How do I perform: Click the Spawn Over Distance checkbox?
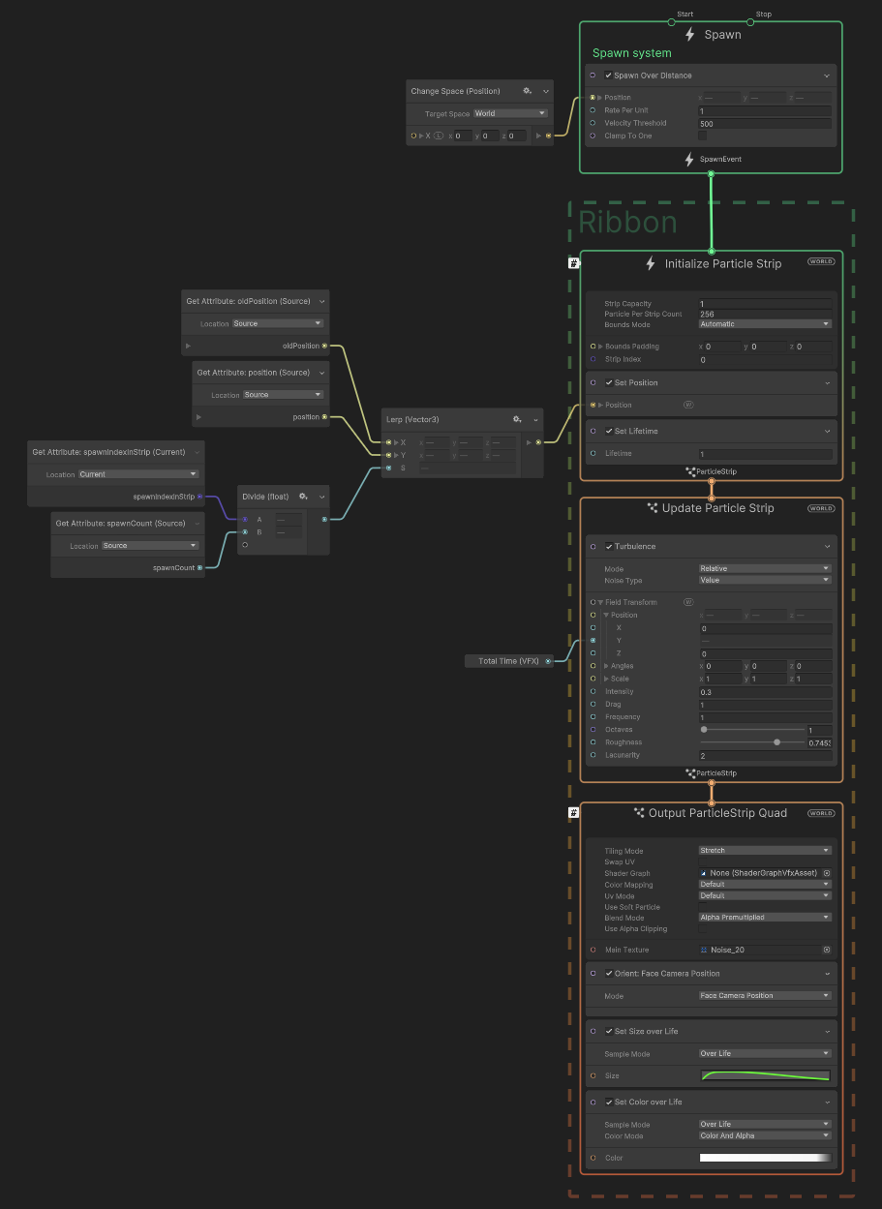point(608,76)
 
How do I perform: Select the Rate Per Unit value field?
point(765,111)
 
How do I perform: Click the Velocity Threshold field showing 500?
point(765,124)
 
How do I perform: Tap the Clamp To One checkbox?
point(703,136)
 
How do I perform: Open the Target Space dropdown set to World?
point(510,113)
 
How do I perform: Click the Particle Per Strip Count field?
point(765,315)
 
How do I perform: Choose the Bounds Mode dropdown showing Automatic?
point(765,324)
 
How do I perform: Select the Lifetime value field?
point(765,454)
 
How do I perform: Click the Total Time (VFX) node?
point(509,661)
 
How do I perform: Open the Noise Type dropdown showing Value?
point(765,580)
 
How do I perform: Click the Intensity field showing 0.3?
point(765,692)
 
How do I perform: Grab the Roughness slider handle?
point(777,742)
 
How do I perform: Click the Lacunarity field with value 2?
point(765,756)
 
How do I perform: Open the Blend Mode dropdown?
point(765,918)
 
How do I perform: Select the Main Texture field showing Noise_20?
point(765,951)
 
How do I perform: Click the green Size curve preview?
point(765,1076)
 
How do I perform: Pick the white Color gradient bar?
point(765,1158)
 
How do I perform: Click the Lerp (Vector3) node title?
point(413,419)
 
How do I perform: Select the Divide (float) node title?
point(264,497)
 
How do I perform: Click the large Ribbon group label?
point(627,223)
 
